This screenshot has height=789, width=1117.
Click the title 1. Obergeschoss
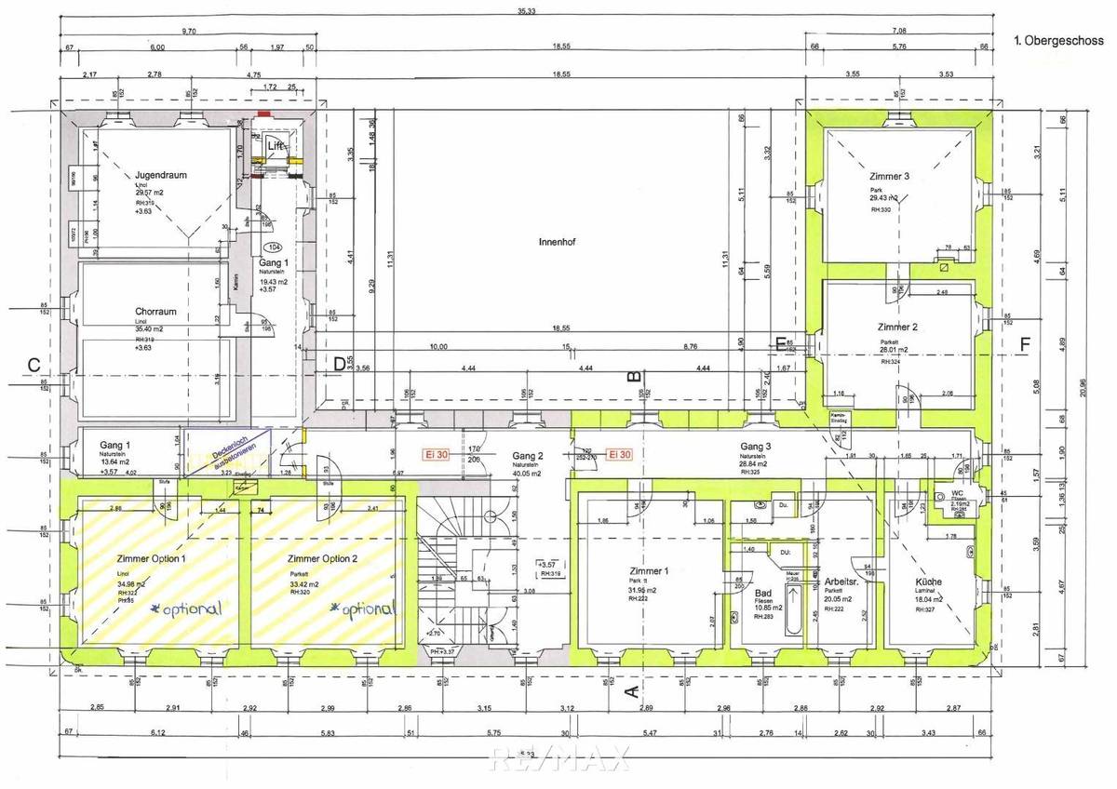[1057, 41]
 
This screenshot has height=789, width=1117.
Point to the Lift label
[276, 146]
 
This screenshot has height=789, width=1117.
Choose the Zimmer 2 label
[898, 328]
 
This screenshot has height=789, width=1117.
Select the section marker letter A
[630, 691]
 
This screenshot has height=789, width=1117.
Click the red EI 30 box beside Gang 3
[619, 455]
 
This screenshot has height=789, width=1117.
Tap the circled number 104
[273, 247]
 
